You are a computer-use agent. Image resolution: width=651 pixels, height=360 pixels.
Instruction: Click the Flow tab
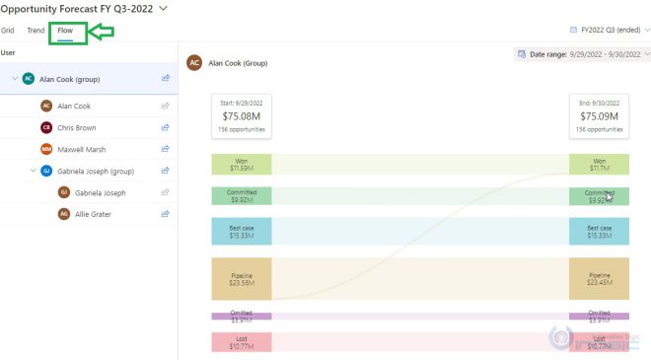(x=65, y=32)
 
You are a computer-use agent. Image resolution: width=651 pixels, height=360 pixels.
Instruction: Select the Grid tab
(x=8, y=32)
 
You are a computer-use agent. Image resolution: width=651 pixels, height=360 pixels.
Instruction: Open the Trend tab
(x=36, y=32)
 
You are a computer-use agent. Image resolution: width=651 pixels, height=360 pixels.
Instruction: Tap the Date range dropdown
(x=582, y=54)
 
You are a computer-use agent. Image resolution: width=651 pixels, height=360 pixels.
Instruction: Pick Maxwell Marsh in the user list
(x=81, y=149)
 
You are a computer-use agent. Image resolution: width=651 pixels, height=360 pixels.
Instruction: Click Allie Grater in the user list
(x=92, y=213)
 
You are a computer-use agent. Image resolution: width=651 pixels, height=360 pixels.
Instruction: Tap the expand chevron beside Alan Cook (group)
(x=14, y=78)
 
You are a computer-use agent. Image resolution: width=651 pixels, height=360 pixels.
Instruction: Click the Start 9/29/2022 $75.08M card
(x=241, y=114)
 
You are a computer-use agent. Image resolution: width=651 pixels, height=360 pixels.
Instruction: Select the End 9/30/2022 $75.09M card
(x=599, y=114)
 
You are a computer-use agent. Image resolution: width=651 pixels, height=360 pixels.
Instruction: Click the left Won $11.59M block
(x=241, y=164)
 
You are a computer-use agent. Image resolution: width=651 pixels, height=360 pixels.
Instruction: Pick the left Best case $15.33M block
(x=241, y=232)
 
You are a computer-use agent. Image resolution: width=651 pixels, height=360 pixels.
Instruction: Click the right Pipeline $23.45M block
(x=599, y=279)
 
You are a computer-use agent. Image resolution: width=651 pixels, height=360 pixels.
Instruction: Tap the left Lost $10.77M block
(x=241, y=343)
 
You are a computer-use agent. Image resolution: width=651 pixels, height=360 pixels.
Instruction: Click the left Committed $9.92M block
(x=241, y=196)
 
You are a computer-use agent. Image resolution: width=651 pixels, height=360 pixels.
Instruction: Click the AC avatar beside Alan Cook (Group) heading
(x=195, y=62)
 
